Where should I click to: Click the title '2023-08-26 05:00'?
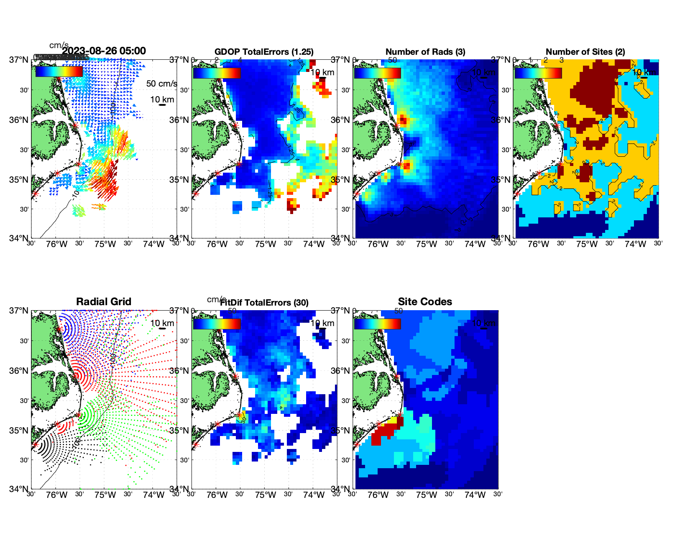[x=104, y=51]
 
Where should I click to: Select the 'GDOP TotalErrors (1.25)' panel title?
[x=264, y=52]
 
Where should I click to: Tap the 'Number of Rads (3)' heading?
[x=425, y=52]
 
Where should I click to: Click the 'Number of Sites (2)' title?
[x=585, y=52]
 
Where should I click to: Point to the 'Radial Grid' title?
[x=104, y=302]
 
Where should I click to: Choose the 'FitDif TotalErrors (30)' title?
[x=265, y=303]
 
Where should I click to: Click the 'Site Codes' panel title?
[x=425, y=302]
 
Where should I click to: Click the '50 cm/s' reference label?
[x=161, y=84]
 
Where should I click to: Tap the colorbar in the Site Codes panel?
[x=378, y=324]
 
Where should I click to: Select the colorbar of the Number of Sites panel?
[x=538, y=73]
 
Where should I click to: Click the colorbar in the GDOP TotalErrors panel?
[x=217, y=73]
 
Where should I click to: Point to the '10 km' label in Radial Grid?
[x=162, y=323]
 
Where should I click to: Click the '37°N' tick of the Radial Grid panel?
[x=19, y=311]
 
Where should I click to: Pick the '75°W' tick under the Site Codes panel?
[x=426, y=495]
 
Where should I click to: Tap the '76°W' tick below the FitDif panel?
[x=217, y=495]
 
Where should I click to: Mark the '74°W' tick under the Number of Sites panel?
[x=635, y=244]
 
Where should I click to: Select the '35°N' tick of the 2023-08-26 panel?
[x=19, y=180]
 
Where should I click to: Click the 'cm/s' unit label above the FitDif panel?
[x=216, y=299]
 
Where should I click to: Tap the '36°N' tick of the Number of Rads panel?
[x=340, y=120]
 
